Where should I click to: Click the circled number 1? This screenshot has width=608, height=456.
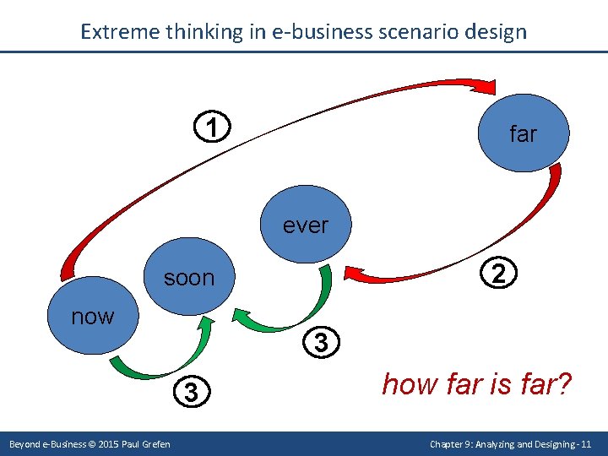point(215,128)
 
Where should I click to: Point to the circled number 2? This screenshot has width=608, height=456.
point(499,274)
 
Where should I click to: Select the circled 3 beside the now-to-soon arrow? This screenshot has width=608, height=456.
point(192,392)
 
